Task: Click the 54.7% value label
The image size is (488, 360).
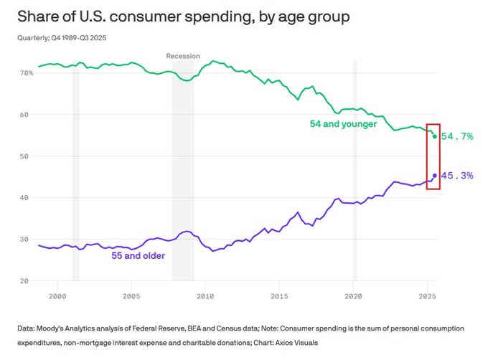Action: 457,136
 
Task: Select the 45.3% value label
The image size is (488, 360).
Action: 457,176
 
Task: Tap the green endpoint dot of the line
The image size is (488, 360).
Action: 435,136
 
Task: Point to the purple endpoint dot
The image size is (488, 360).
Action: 435,176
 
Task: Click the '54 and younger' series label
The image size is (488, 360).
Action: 343,124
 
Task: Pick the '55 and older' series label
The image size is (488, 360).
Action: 138,255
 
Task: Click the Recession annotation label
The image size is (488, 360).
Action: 183,56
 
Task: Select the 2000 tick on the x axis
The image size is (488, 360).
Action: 57,295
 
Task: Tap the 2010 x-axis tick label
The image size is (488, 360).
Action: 205,295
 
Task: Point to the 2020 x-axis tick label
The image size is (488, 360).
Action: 353,295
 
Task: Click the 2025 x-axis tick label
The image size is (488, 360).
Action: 427,295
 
